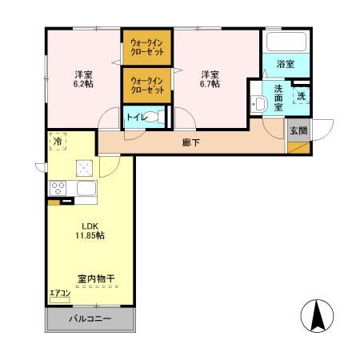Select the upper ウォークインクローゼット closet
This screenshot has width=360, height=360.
[147, 47]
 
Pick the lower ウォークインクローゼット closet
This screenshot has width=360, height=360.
[147, 85]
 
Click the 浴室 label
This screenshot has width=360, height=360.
[286, 63]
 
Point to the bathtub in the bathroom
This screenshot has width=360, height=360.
[286, 42]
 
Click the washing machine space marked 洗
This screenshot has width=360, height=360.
[301, 95]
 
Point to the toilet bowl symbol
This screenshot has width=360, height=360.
[158, 117]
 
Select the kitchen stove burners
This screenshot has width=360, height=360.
[58, 189]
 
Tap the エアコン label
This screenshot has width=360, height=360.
[59, 294]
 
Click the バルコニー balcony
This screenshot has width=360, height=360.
[90, 318]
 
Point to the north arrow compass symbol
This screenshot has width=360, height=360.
[319, 316]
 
